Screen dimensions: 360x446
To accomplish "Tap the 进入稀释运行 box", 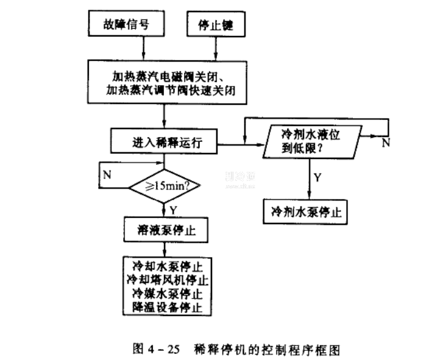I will pyautogui.click(x=163, y=143).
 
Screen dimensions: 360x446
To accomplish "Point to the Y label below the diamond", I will pyautogui.click(x=173, y=209).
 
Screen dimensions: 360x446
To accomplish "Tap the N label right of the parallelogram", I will pyautogui.click(x=386, y=143).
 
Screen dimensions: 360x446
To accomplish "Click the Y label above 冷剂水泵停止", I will pyautogui.click(x=317, y=177).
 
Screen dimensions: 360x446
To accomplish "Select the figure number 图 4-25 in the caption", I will pyautogui.click(x=157, y=349).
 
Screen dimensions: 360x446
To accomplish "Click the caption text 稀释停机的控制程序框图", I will pyautogui.click(x=266, y=349).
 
